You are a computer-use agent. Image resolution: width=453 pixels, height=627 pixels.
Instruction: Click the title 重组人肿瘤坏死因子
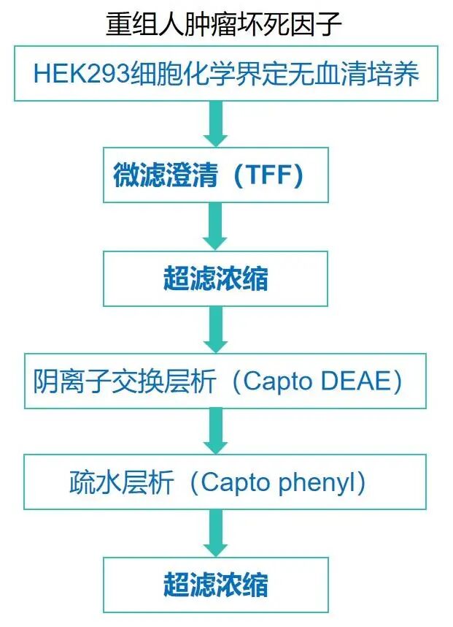(x=224, y=25)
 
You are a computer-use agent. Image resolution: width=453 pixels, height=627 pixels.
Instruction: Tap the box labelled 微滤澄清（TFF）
(x=215, y=176)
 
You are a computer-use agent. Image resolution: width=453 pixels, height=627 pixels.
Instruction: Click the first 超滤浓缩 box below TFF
(x=215, y=278)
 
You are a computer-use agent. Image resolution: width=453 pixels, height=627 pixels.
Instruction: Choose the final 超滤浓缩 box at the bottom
(x=215, y=585)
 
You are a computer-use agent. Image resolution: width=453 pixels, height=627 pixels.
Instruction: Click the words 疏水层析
(x=118, y=483)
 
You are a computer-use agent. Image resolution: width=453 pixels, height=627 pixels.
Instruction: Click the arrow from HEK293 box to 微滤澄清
(x=215, y=123)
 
